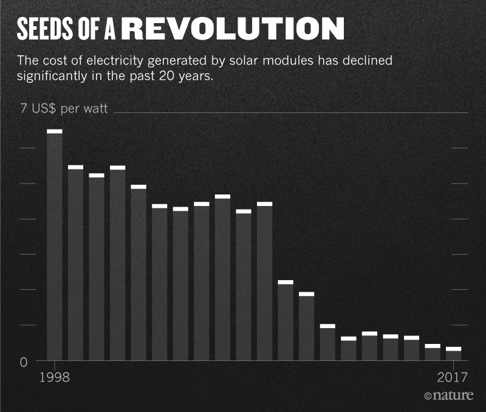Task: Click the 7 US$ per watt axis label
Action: [x=64, y=109]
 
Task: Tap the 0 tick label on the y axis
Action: [x=24, y=363]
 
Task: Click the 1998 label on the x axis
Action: [x=55, y=376]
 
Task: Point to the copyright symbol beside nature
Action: [x=428, y=396]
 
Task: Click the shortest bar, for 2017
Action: [x=454, y=355]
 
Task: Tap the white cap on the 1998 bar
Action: [x=55, y=131]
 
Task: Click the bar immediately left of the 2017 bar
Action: [x=433, y=354]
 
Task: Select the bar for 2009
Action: [x=286, y=322]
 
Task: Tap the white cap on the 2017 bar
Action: [x=454, y=349]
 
